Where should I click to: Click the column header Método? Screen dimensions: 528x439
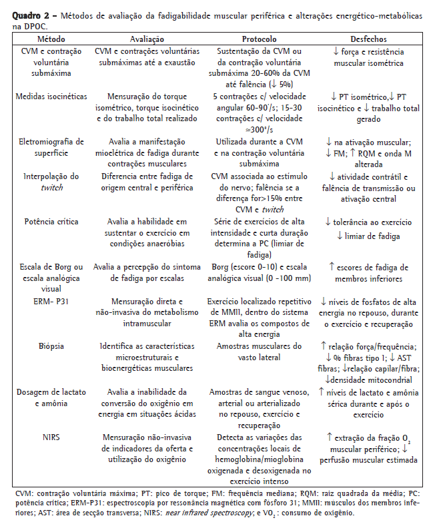click(51, 39)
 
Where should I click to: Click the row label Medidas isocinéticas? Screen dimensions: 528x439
click(51, 96)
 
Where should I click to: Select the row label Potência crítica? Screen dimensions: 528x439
click(51, 221)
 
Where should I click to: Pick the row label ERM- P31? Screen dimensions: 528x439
click(51, 301)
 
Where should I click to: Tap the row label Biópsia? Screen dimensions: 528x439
click(51, 346)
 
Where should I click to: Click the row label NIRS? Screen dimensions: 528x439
click(51, 437)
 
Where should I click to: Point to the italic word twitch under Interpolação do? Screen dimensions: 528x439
click(51, 188)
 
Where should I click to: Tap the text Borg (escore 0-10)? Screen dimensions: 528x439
click(240, 266)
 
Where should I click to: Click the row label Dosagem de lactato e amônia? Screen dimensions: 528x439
click(51, 397)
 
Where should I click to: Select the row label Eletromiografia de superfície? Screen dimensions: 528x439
click(51, 147)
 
